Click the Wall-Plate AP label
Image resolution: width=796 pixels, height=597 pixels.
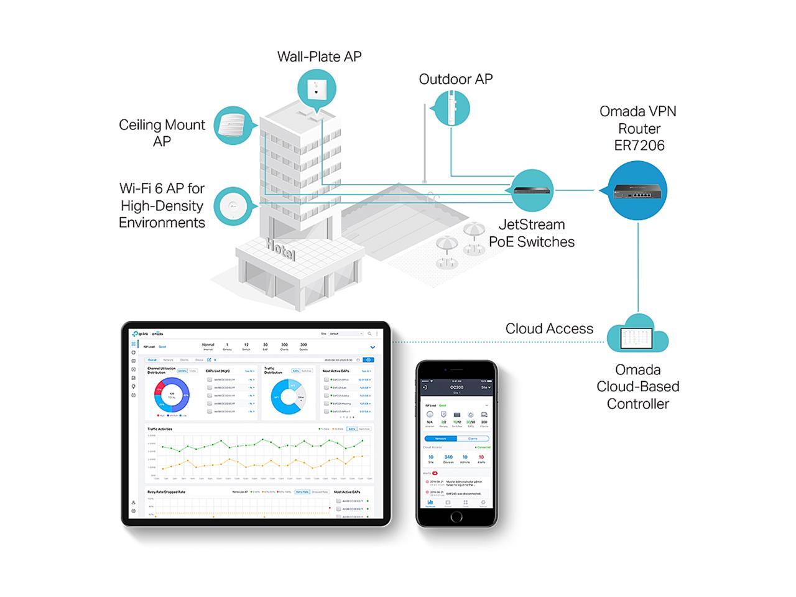[319, 57]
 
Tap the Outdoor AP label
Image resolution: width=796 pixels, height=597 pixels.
[455, 80]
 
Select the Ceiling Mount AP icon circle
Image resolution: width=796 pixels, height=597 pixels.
[234, 126]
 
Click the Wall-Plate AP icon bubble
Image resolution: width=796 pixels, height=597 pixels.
[317, 88]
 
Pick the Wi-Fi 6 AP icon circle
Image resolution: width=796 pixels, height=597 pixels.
[234, 206]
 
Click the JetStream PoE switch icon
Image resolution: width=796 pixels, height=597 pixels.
[532, 190]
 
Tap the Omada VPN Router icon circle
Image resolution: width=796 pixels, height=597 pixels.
[637, 190]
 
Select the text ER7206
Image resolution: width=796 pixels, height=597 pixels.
[639, 146]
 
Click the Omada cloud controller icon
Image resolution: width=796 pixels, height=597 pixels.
[637, 335]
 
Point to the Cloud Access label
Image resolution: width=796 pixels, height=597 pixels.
[549, 329]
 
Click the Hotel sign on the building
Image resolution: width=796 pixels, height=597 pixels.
[280, 249]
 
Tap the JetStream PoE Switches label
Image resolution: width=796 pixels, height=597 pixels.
[532, 233]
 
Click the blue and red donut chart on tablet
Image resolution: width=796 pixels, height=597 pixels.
[171, 396]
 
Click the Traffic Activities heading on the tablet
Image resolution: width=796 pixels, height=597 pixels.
[160, 429]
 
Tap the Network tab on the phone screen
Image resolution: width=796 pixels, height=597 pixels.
[440, 438]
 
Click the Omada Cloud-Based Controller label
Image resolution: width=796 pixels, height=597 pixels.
[637, 387]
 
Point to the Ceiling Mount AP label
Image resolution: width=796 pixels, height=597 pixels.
[162, 133]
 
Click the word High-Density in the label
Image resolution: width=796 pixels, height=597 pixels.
[162, 206]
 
